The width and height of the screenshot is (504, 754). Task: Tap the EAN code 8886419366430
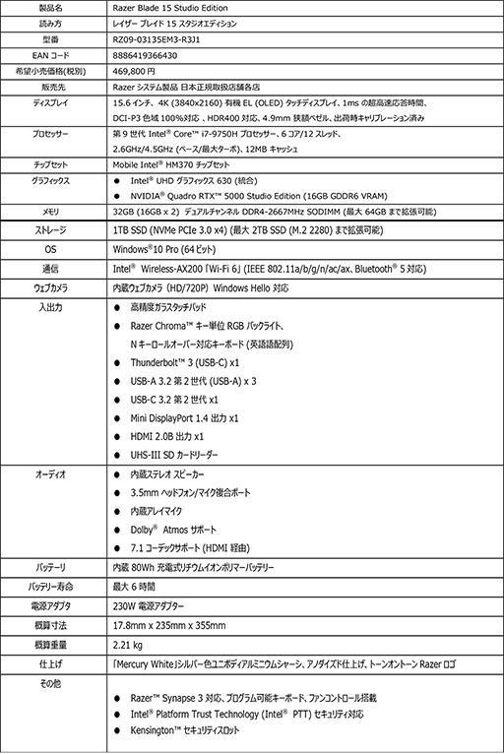pyautogui.click(x=147, y=55)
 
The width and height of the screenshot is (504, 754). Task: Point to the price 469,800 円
pyautogui.click(x=135, y=71)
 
